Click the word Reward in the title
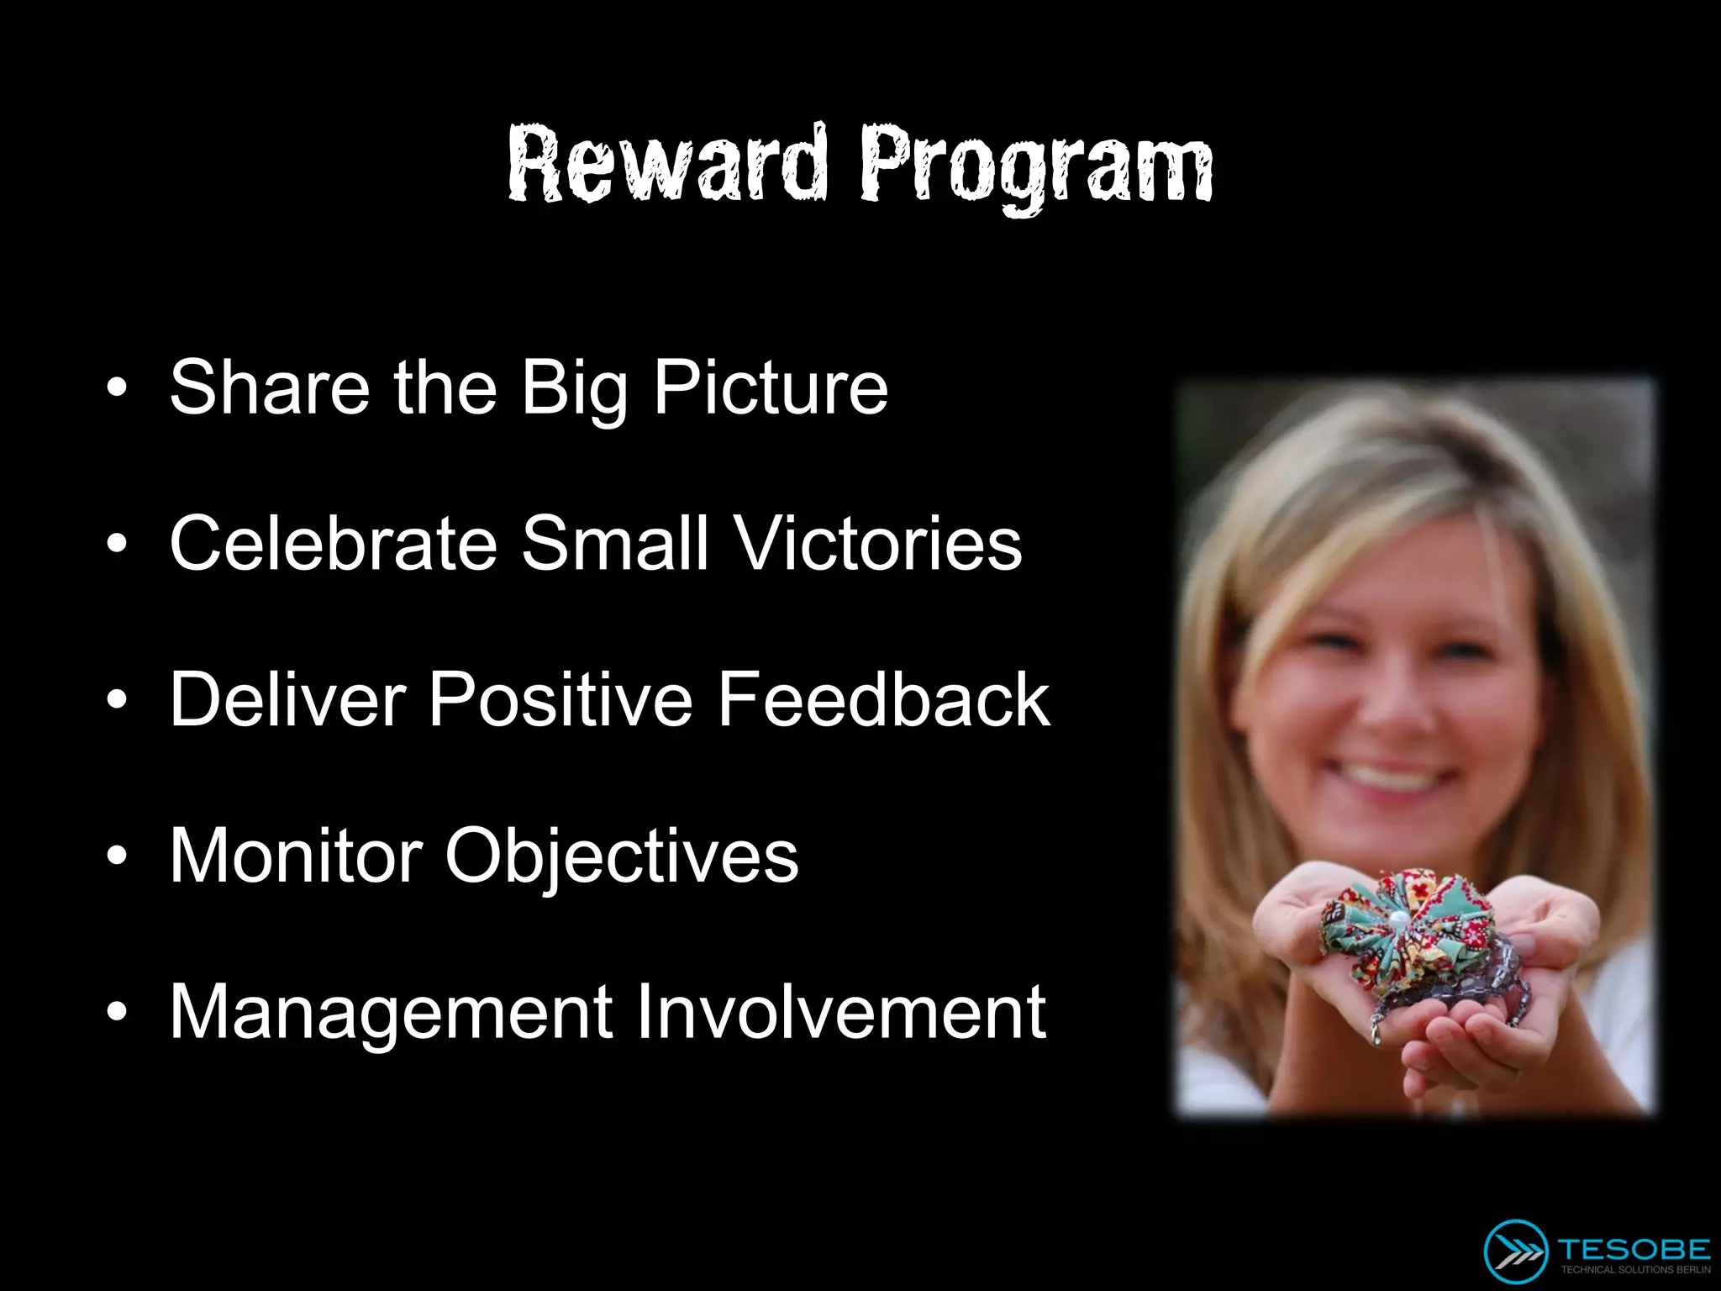coord(668,164)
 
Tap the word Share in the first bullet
coord(269,387)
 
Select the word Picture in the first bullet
coord(771,387)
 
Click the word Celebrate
coord(334,544)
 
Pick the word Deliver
coord(287,699)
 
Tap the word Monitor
coord(296,856)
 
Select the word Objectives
coord(621,857)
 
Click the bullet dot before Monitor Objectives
coord(118,856)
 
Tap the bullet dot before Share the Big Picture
coord(118,388)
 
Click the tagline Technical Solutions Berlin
coord(1634,1270)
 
